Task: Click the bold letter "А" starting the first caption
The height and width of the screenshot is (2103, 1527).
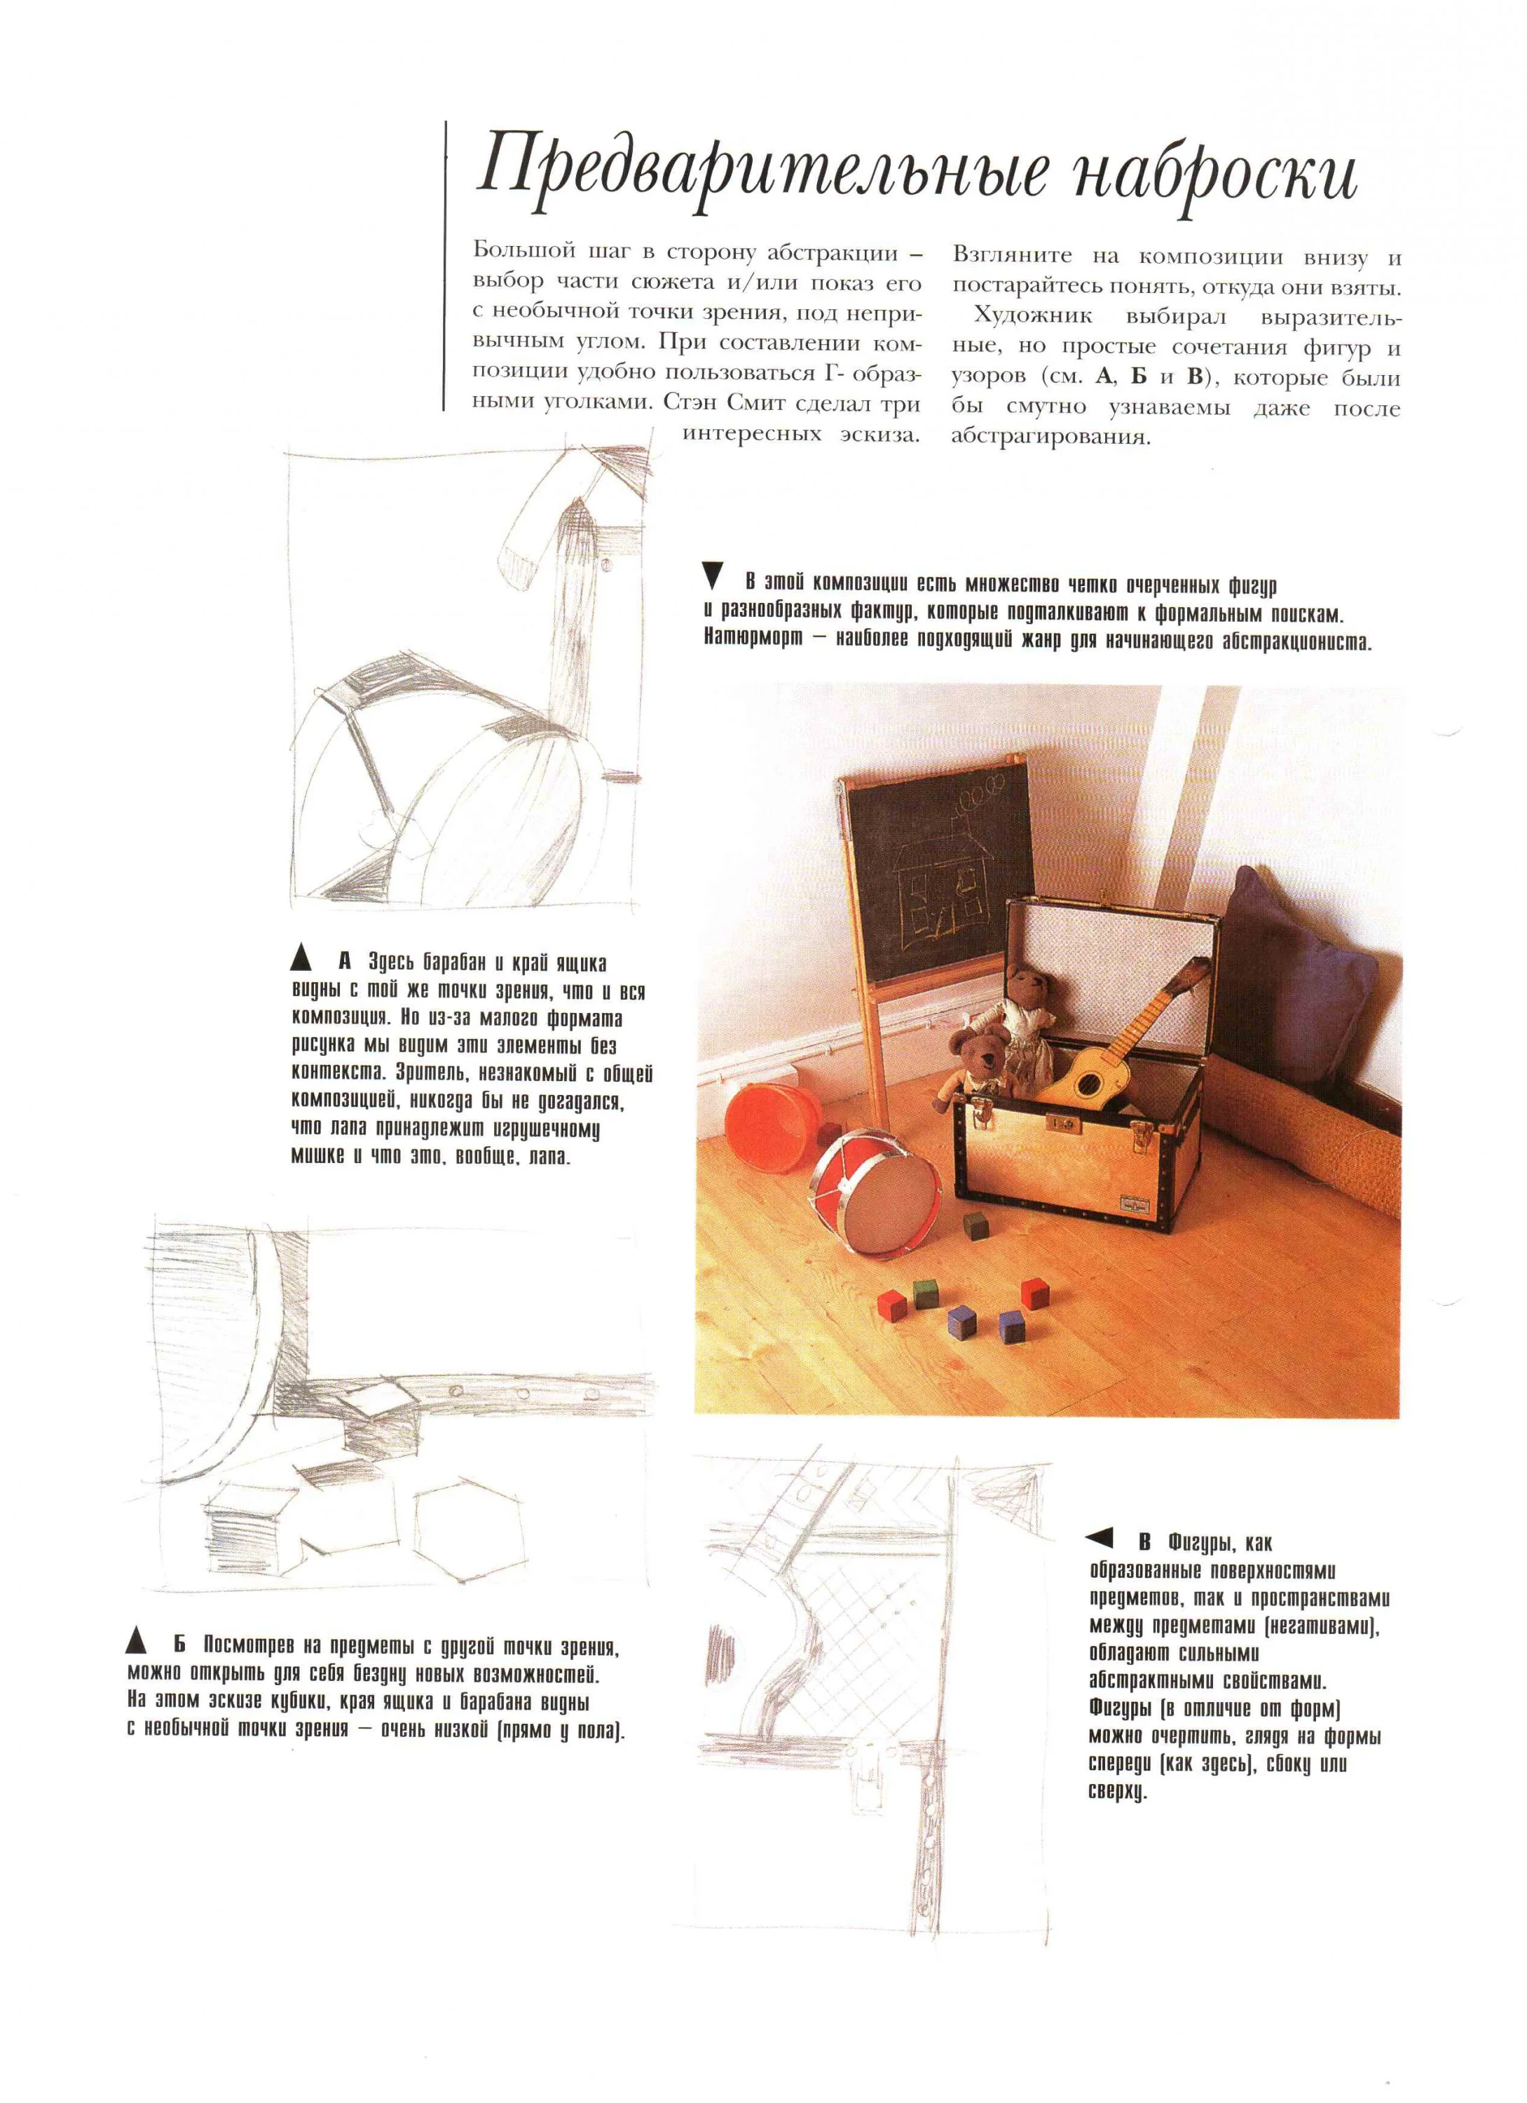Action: [345, 962]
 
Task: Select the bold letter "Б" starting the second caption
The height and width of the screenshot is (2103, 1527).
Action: [179, 1646]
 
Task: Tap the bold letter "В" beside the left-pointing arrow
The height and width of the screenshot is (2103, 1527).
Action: [1145, 1543]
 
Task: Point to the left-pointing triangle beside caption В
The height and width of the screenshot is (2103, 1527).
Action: [1100, 1539]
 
